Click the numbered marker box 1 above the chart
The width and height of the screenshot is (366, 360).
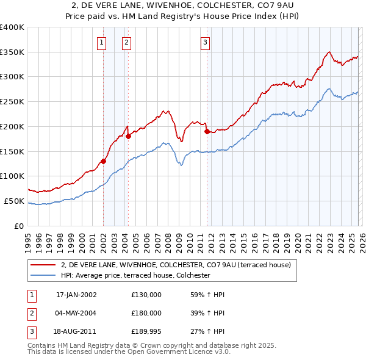[x=101, y=42]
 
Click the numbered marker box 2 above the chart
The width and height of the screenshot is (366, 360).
[x=126, y=42]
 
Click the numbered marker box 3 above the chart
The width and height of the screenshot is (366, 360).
[x=205, y=42]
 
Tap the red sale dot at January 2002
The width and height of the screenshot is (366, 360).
[x=104, y=161]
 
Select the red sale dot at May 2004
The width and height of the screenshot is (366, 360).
[x=128, y=136]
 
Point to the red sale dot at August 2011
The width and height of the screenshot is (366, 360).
[x=207, y=131]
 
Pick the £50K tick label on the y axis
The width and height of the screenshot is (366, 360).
[x=14, y=201]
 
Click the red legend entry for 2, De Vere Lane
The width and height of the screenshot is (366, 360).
[x=176, y=265]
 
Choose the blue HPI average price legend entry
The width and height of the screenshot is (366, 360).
[x=135, y=276]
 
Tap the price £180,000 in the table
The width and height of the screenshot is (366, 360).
[x=146, y=313]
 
